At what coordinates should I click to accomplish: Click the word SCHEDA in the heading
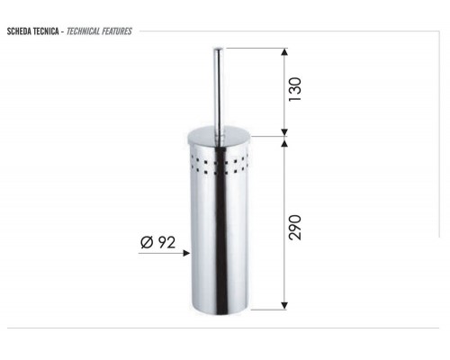coord(19,31)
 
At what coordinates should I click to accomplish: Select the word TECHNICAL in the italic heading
coord(83,31)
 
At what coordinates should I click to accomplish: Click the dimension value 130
coord(294,89)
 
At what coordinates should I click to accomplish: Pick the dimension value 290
coord(294,227)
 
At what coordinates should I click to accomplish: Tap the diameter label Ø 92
coord(157,242)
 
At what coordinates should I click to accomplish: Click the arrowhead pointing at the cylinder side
coord(186,253)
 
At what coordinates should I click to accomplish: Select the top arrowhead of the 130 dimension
coord(284,51)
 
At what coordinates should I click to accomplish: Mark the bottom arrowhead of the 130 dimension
coord(284,132)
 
